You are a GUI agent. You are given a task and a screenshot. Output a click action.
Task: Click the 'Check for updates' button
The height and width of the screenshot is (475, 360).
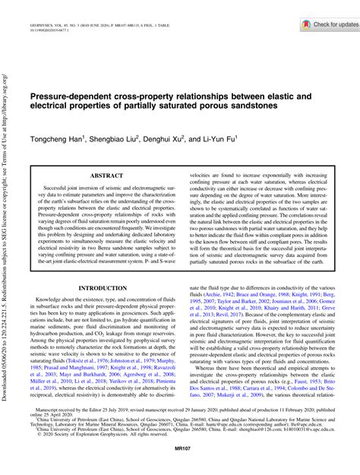coord(323,24)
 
